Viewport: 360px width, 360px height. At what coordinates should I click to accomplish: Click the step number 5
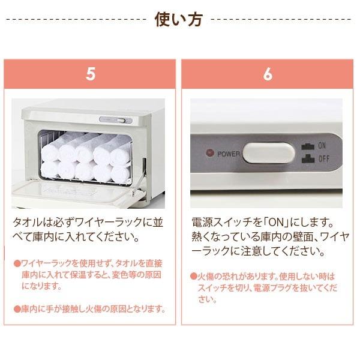point(91,74)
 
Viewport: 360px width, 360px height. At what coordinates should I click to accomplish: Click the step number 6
point(267,74)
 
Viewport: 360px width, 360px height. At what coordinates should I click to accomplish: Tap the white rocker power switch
point(268,153)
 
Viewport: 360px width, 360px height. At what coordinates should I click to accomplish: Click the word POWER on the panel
point(229,154)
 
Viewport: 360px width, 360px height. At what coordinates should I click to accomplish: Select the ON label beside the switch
point(322,146)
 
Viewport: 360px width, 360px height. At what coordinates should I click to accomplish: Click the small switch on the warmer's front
point(122,120)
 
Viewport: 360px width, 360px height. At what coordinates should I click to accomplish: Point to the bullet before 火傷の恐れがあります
point(194,277)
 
